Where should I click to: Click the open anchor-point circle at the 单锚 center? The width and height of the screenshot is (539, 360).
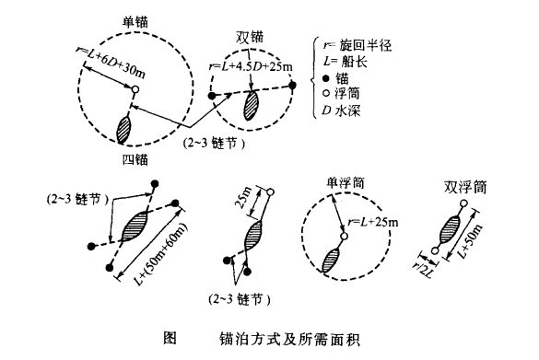[x=135, y=90]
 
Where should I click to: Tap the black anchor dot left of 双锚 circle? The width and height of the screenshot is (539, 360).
[x=212, y=95]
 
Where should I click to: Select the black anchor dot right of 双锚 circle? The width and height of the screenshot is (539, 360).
[x=292, y=85]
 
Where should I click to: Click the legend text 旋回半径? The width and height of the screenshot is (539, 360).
[x=356, y=45]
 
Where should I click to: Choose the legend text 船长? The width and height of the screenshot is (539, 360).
[x=348, y=61]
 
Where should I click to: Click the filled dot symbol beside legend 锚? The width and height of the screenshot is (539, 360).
[x=317, y=78]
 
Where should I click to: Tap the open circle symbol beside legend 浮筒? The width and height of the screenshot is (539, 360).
[x=317, y=94]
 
